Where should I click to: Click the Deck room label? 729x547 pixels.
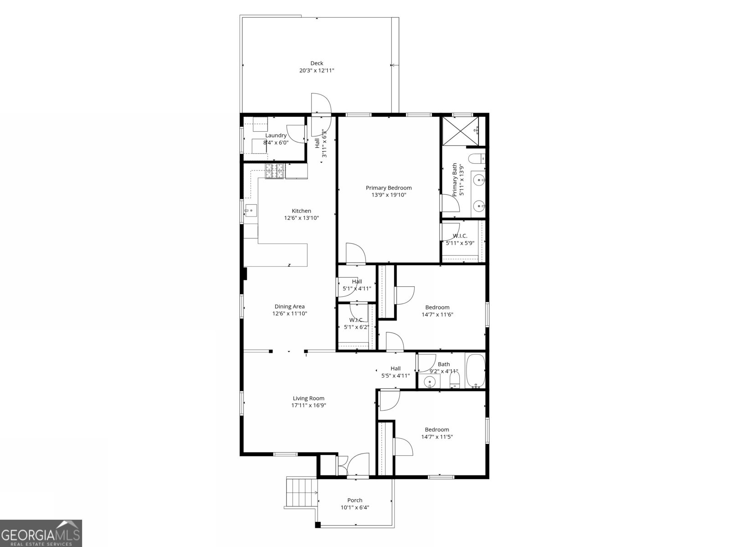click(x=317, y=63)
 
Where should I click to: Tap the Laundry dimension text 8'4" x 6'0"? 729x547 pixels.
click(x=276, y=143)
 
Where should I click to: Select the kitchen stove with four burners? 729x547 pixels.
click(x=275, y=171)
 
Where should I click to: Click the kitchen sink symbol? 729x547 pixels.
click(x=250, y=211)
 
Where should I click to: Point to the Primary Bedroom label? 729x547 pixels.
click(x=389, y=188)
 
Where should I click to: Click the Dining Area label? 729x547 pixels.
click(x=289, y=307)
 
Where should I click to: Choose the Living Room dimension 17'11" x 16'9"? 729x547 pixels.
click(x=309, y=405)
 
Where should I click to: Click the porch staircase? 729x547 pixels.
click(x=301, y=492)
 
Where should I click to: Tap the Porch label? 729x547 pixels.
click(x=354, y=500)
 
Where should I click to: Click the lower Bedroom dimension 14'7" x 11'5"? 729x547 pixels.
click(x=437, y=437)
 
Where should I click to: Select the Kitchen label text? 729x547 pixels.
click(x=301, y=211)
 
